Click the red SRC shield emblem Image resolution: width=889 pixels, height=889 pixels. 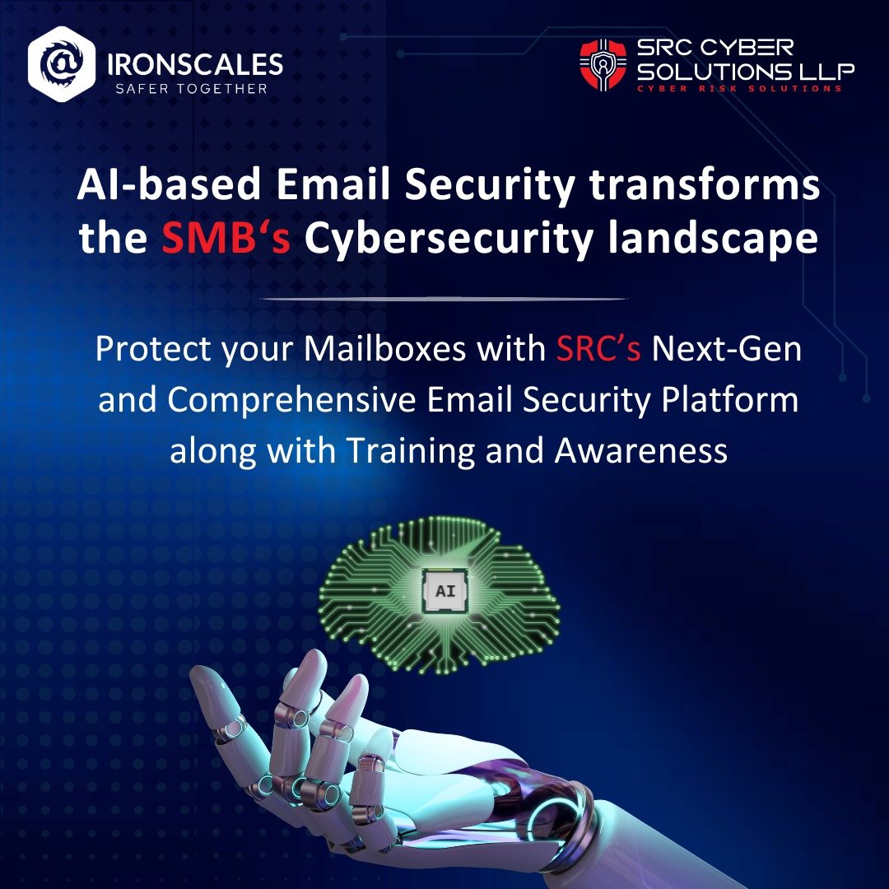coord(603,66)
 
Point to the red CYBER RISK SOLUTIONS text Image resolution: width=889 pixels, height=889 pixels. coord(740,88)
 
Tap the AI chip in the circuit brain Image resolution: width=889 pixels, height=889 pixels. coord(444,589)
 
